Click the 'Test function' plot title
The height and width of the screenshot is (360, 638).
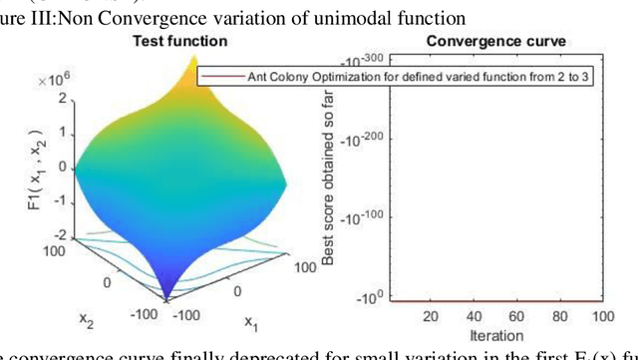pyautogui.click(x=180, y=41)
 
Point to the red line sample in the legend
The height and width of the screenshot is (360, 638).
pyautogui.click(x=217, y=77)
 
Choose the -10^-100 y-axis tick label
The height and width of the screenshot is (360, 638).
pyautogui.click(x=364, y=216)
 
